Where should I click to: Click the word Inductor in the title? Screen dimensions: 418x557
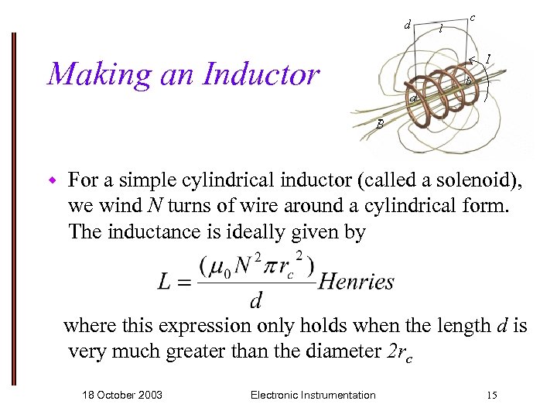click(x=261, y=74)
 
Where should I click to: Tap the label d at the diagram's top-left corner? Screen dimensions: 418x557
click(x=407, y=24)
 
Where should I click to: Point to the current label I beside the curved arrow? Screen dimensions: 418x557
click(x=489, y=59)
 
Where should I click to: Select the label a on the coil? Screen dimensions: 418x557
click(x=414, y=99)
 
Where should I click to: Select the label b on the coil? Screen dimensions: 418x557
click(x=468, y=82)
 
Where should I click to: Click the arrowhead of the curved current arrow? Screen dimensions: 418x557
click(x=472, y=59)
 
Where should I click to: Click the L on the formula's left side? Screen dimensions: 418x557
click(x=165, y=282)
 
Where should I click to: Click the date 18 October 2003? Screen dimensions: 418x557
click(x=122, y=396)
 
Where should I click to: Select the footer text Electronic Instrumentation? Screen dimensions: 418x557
click(x=313, y=396)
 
